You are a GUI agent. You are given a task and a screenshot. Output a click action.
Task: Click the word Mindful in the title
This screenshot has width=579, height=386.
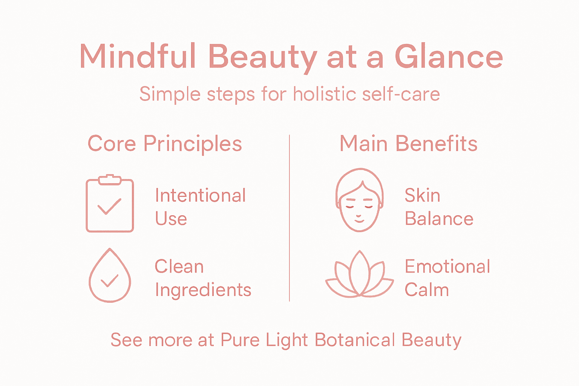tap(138, 57)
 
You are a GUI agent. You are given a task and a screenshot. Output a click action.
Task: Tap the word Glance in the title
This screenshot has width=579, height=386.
tap(449, 57)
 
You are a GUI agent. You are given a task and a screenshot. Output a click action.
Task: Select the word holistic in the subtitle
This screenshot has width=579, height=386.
tap(324, 94)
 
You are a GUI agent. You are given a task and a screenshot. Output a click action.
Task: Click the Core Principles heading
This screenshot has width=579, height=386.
tap(165, 144)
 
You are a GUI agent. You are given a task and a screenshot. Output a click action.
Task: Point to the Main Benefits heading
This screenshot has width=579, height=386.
tap(409, 144)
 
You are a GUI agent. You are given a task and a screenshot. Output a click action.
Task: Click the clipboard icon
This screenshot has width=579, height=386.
tap(110, 205)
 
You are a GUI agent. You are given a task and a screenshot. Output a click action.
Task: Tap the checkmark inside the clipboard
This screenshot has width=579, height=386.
tap(109, 207)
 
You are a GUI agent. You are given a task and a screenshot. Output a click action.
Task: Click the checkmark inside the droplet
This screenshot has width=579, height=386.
tap(109, 281)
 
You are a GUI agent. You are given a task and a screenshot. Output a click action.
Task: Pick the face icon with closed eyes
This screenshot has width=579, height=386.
tap(360, 201)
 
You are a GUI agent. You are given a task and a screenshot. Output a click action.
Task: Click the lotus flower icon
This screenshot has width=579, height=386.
tap(360, 276)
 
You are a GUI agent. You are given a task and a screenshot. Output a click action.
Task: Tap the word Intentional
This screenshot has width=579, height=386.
tap(200, 196)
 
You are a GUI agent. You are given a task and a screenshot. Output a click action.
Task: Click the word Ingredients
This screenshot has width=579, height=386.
tap(203, 290)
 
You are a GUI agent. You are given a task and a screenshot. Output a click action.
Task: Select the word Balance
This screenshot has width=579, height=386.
tap(439, 219)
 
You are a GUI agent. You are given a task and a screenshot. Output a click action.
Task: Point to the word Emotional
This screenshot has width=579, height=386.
tap(447, 267)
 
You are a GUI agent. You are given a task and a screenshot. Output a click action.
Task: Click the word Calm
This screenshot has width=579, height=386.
tap(427, 290)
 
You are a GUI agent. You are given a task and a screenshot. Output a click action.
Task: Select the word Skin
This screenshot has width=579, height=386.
tap(422, 196)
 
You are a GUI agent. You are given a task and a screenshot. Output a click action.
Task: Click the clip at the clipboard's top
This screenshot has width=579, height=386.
tap(110, 179)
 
